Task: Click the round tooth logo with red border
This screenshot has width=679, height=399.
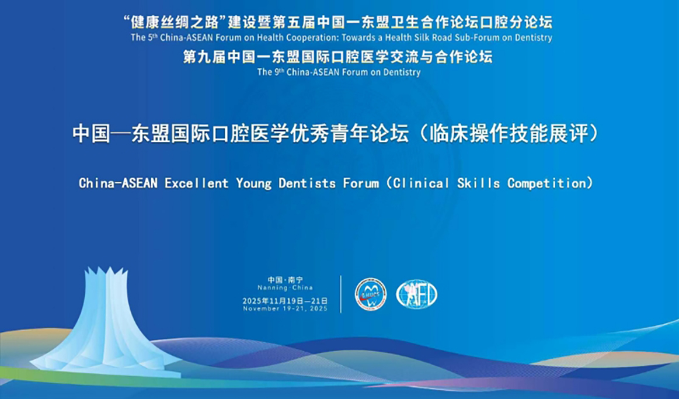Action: tap(371, 294)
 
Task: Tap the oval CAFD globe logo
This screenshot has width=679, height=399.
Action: tap(416, 294)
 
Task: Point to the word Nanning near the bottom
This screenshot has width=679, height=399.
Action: tap(271, 288)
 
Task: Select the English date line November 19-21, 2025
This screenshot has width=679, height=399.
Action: tap(285, 308)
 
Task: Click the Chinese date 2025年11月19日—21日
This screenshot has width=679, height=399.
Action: tap(285, 300)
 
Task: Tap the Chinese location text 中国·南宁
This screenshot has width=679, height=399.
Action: tap(285, 280)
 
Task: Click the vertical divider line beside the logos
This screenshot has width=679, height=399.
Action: tap(341, 294)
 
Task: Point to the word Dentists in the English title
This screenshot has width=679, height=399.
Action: tap(307, 183)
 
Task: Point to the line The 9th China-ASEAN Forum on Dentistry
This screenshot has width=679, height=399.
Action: tap(339, 72)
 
